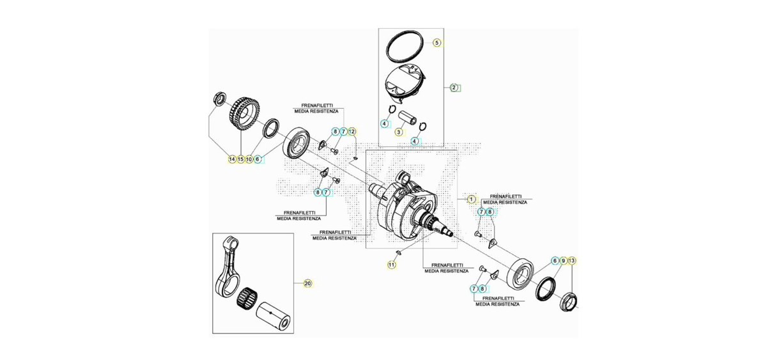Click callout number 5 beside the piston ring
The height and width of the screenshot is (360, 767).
[x=437, y=43]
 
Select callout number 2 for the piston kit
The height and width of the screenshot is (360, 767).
[x=454, y=88]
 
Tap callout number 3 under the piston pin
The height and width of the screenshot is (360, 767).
[x=399, y=132]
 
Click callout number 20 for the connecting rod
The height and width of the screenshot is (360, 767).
[x=308, y=284]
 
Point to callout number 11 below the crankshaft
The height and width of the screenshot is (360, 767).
[x=391, y=265]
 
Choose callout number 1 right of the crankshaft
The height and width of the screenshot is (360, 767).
[x=471, y=200]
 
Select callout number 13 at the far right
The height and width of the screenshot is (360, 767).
[x=571, y=261]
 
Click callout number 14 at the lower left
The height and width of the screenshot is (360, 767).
[x=232, y=159]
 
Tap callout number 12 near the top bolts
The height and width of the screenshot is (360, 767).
[x=352, y=132]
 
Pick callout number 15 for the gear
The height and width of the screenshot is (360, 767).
[x=241, y=159]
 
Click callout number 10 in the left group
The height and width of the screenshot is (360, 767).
[x=249, y=159]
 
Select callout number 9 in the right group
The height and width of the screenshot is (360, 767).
[x=563, y=261]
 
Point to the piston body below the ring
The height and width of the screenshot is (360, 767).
[x=405, y=84]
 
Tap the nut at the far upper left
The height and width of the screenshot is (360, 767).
[x=219, y=98]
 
